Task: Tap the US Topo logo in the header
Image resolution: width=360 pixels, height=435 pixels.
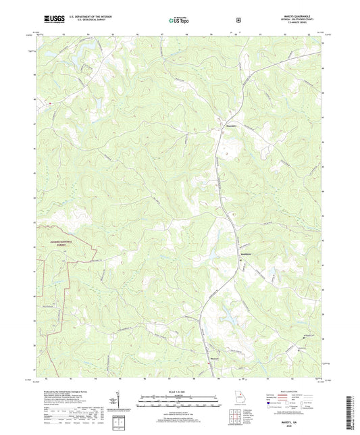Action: tap(179, 20)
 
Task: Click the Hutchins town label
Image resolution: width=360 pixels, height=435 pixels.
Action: tap(230, 126)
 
